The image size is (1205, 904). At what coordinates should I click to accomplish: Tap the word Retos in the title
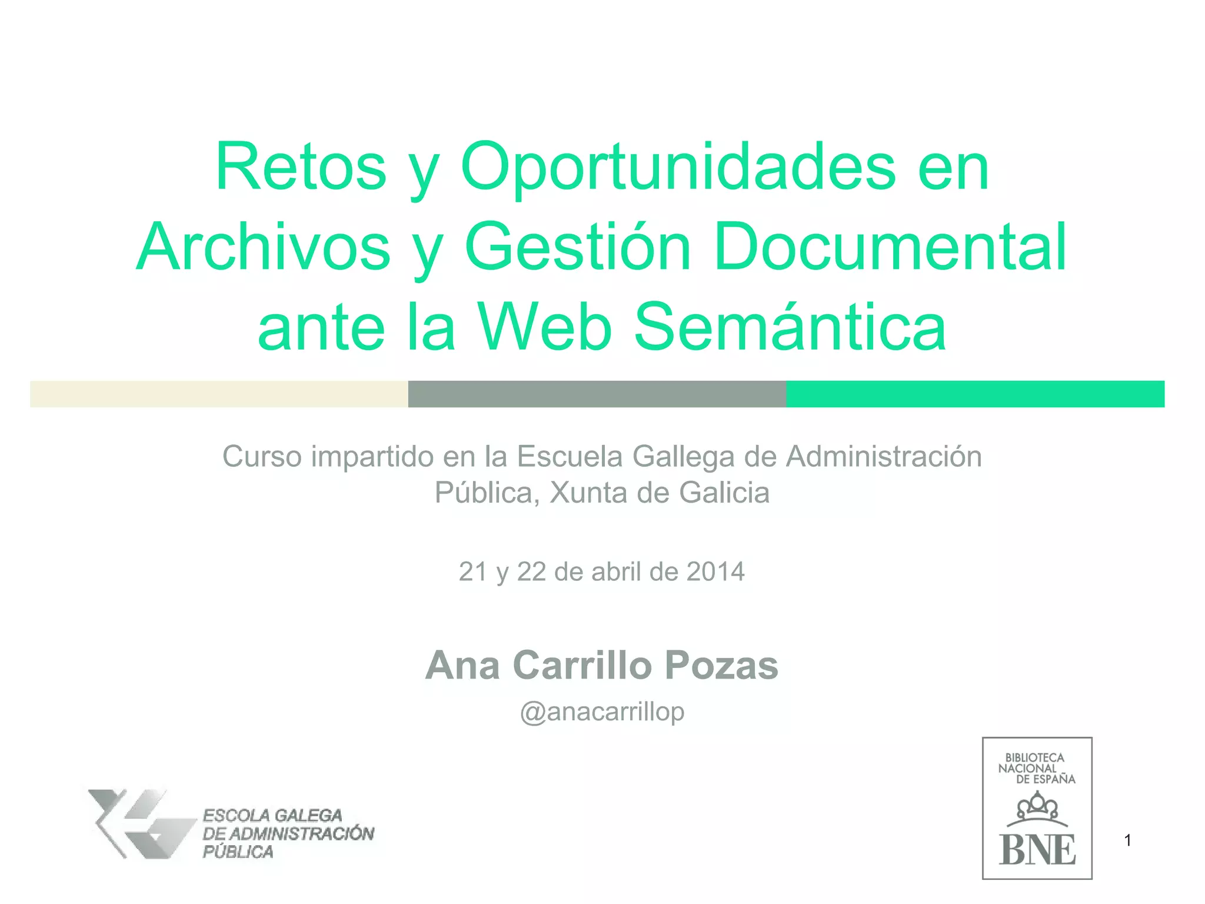[301, 167]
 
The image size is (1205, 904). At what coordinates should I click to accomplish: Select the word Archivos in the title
[264, 247]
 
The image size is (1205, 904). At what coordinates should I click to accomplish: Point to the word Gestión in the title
[578, 247]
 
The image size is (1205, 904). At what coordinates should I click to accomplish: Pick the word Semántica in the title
[790, 327]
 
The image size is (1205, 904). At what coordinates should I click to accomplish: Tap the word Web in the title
[545, 327]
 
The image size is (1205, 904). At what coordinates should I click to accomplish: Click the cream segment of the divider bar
[219, 394]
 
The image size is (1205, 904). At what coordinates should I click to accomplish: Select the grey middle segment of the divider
[597, 394]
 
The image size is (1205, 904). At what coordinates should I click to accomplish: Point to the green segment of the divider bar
[975, 394]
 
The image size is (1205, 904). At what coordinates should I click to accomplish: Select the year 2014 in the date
[715, 571]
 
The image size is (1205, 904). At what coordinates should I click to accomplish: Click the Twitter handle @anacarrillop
[602, 712]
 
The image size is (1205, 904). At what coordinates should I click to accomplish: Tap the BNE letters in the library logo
[1037, 850]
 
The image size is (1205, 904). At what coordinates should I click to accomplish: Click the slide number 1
[1127, 840]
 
